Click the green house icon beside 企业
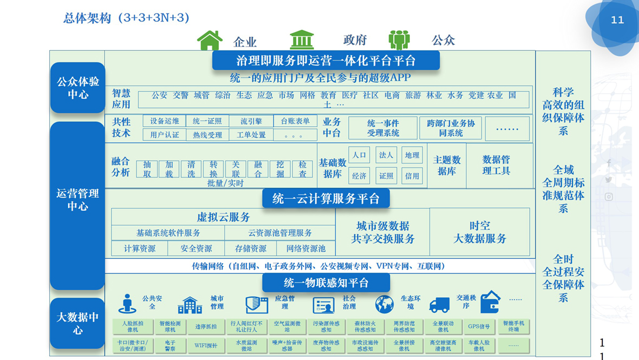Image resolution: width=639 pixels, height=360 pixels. [210, 41]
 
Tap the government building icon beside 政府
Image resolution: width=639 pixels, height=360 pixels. [302, 40]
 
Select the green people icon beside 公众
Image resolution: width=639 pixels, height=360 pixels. [399, 40]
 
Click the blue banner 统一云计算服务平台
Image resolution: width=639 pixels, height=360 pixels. [326, 199]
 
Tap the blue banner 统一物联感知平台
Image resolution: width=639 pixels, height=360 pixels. [326, 283]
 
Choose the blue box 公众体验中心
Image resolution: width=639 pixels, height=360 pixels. [78, 88]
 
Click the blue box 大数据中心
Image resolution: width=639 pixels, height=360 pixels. [78, 323]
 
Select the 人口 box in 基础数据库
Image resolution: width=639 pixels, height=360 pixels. [359, 155]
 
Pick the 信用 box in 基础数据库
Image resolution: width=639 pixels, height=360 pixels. [412, 175]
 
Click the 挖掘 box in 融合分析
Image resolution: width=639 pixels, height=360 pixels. [280, 169]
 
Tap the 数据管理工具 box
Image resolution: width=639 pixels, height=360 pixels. [496, 165]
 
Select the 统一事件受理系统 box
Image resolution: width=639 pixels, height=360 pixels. [383, 128]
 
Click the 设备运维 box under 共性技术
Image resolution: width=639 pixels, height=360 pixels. [165, 121]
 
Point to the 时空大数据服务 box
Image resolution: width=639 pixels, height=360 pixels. [480, 232]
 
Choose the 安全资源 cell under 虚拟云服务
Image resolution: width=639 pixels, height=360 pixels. [196, 248]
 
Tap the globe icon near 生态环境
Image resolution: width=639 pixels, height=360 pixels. [384, 304]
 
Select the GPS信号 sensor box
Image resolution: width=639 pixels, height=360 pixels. [479, 326]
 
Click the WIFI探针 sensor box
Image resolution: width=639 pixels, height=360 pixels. [206, 345]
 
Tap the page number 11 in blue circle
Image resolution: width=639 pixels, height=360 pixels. [617, 20]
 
